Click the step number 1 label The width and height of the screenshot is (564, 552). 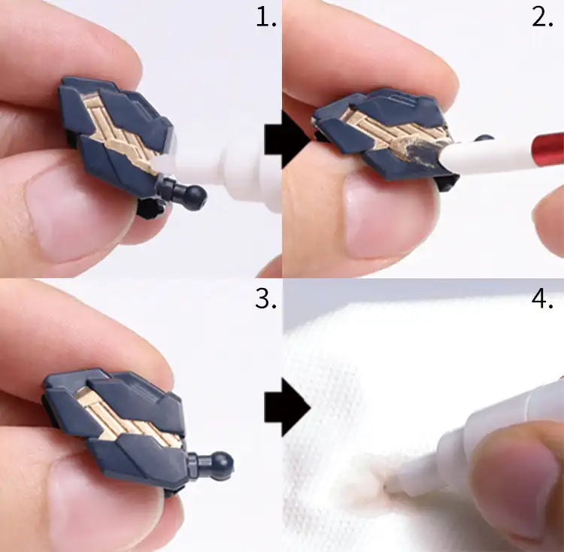(266, 18)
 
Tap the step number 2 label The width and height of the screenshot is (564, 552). (542, 18)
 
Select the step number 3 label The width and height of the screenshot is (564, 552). (265, 298)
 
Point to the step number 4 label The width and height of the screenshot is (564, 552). (542, 298)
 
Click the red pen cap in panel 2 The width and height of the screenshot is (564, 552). (548, 147)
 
